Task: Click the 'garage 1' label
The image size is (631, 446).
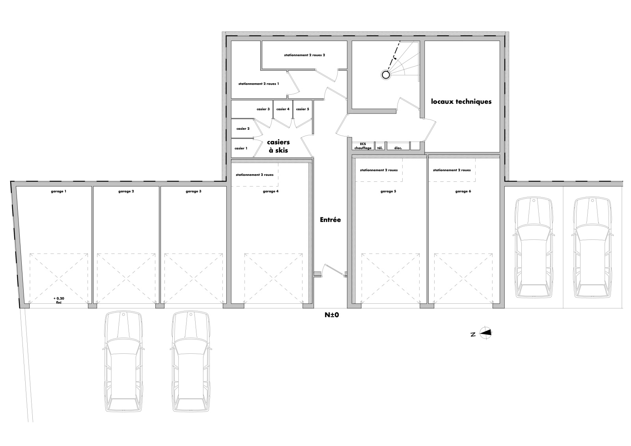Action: pos(59,191)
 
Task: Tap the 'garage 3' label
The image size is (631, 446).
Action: pos(194,191)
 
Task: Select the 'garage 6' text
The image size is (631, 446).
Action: pos(463,191)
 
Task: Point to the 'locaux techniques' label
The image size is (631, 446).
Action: pos(461,101)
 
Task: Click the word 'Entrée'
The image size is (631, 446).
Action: pos(330,220)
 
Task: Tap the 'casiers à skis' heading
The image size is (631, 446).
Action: pos(278,146)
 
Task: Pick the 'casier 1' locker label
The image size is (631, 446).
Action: pos(241,148)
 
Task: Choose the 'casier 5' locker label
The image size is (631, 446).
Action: pos(302,109)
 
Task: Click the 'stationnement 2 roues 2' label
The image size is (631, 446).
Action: pos(304,55)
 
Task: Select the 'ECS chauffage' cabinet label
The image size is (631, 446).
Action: pos(363,146)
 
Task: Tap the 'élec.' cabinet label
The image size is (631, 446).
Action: pos(398,148)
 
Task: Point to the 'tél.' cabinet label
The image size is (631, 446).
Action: pos(380,148)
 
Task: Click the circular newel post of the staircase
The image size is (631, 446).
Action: pos(386,75)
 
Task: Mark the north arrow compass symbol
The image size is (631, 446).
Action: pos(485,333)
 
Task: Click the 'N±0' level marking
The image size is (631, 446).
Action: pos(332,315)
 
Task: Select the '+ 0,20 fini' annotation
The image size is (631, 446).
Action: pos(59,300)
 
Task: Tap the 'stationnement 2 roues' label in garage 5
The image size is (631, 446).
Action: pos(379,170)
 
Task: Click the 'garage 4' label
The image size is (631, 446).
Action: pos(271,191)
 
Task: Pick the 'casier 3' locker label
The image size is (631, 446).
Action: pos(263,109)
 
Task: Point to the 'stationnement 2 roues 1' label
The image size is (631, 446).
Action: pos(259,84)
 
